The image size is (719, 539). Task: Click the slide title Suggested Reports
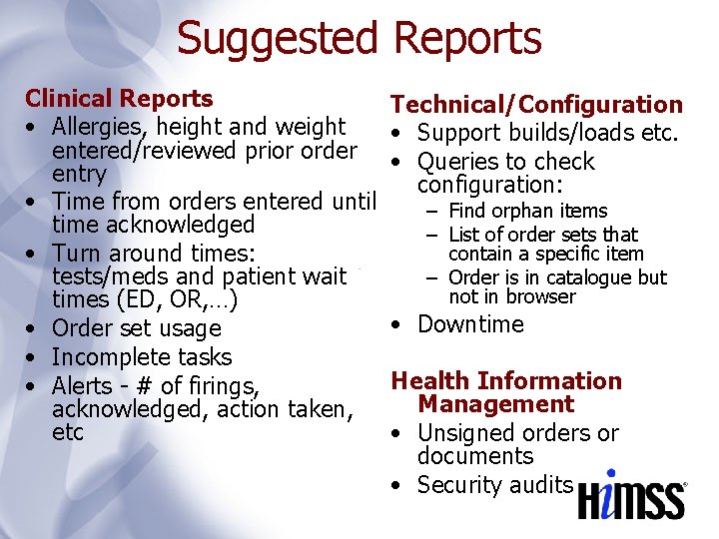[359, 38]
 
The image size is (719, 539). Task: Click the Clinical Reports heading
[119, 99]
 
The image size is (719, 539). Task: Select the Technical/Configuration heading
[536, 105]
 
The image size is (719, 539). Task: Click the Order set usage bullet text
[136, 328]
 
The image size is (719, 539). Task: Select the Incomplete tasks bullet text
[141, 357]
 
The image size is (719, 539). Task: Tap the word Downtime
[470, 324]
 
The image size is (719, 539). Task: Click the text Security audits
[495, 485]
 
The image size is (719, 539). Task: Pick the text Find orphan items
[527, 211]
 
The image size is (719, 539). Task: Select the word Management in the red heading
[496, 404]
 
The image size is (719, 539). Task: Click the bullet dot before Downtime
[397, 324]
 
